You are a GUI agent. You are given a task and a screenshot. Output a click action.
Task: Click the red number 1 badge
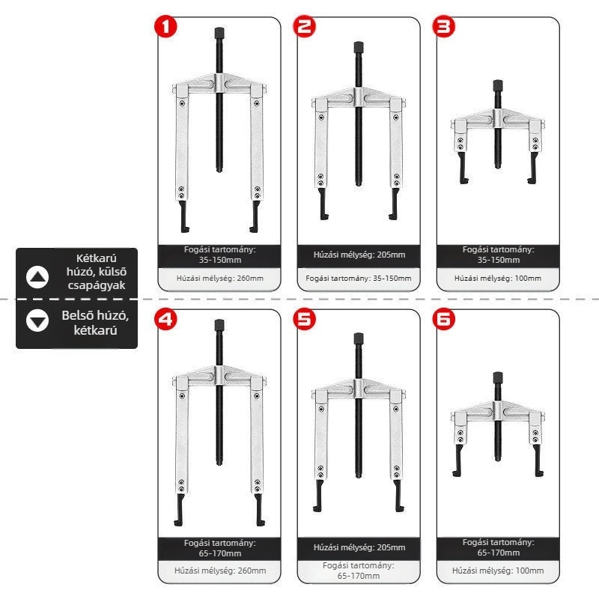click(x=165, y=27)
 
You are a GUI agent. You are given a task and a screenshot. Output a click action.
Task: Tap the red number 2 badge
click(x=305, y=27)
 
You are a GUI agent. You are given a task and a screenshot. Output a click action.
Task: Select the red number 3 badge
click(x=443, y=27)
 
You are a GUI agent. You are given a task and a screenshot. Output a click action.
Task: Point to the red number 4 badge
click(x=165, y=319)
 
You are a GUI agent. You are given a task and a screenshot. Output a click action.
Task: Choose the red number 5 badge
click(x=305, y=319)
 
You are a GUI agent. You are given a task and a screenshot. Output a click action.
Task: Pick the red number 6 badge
click(x=443, y=319)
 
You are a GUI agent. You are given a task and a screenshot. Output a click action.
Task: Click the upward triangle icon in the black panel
click(x=37, y=277)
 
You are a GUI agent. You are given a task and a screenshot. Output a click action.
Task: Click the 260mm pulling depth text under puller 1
click(x=219, y=278)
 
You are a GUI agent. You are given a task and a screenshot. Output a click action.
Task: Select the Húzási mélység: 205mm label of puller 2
click(x=359, y=255)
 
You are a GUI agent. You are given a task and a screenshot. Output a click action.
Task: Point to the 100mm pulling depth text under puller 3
click(x=498, y=278)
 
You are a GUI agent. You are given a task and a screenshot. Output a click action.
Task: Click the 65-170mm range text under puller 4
click(x=220, y=553)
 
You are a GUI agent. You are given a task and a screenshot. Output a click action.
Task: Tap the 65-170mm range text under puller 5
click(x=359, y=576)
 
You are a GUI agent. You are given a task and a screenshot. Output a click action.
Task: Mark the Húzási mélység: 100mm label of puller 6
click(x=498, y=571)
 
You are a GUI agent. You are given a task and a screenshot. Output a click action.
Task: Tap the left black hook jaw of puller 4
click(x=180, y=510)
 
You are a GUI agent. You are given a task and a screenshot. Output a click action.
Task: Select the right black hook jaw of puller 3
click(x=532, y=168)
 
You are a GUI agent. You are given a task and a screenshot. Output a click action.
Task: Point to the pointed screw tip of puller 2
click(x=359, y=184)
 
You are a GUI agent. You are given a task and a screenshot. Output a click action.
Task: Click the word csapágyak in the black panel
click(x=97, y=285)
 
